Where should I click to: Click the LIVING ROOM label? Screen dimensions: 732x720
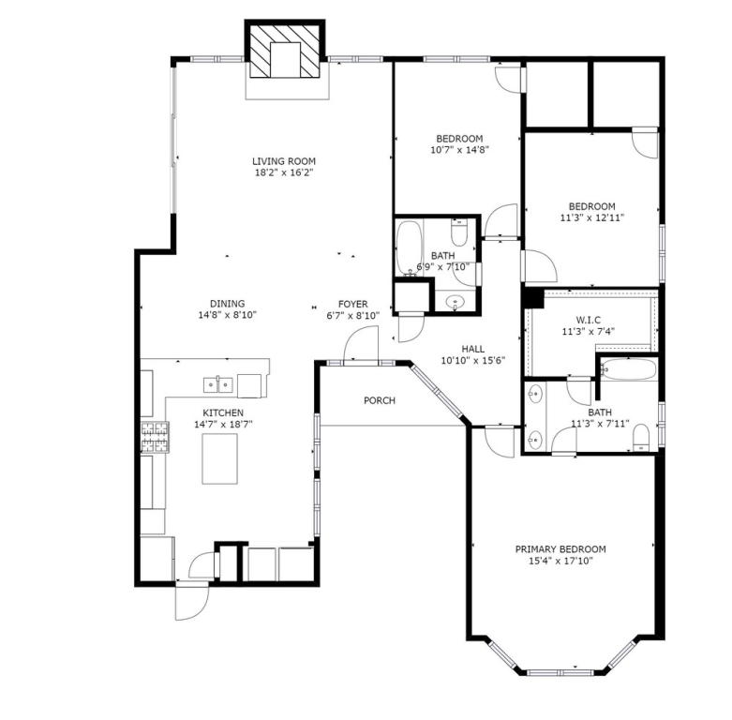point(284,161)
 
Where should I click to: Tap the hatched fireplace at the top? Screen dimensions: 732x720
point(285,52)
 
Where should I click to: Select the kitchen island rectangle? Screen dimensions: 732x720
point(219,459)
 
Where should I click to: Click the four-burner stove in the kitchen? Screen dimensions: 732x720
point(155,437)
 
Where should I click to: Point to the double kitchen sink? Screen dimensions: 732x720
point(218,384)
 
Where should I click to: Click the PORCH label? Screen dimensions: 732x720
point(380,400)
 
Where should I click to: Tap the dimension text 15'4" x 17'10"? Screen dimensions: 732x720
point(560,561)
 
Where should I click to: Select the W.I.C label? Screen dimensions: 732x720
point(589,321)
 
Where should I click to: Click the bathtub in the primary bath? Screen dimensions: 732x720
point(628,369)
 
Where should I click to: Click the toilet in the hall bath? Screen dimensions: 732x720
point(459,232)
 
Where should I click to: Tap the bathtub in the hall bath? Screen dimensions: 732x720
point(409,247)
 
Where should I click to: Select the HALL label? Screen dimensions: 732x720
point(473,350)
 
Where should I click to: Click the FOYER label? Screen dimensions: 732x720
point(353,305)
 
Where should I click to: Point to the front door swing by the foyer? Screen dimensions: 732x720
point(361,343)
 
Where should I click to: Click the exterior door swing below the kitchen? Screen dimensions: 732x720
point(192,602)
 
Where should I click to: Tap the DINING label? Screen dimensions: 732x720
point(228,304)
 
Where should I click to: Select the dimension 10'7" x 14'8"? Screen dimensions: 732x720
point(459,150)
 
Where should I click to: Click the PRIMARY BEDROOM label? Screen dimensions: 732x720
point(560,549)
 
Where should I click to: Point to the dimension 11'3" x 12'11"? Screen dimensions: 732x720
point(592,217)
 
